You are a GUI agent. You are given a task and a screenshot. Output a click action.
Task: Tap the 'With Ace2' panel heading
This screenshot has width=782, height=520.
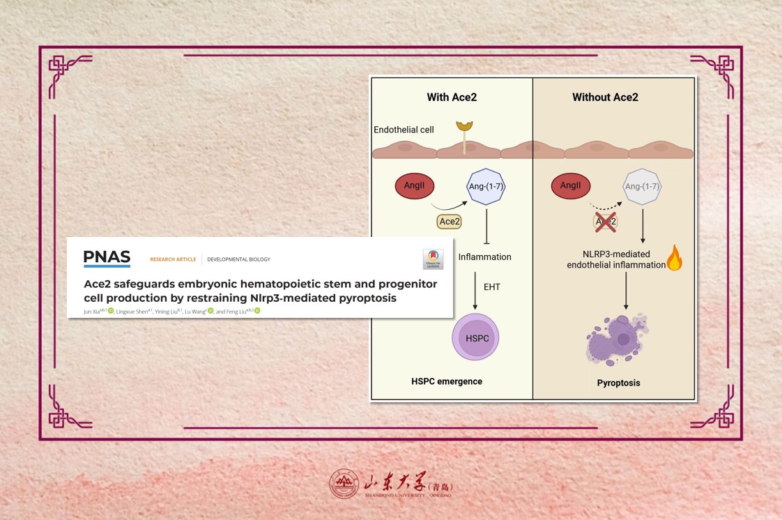tap(452, 98)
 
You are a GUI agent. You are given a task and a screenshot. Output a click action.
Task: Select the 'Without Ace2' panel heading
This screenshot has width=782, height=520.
tap(605, 98)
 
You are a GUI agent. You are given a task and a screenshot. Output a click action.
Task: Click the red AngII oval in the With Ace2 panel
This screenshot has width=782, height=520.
tap(415, 186)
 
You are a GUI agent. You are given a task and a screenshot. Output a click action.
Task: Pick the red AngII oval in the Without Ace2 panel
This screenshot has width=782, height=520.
tap(571, 186)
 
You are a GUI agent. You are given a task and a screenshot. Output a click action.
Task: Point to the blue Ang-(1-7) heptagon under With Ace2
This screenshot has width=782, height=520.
tap(485, 187)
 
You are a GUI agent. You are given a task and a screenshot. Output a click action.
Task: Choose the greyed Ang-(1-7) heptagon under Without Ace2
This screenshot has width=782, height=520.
tap(642, 187)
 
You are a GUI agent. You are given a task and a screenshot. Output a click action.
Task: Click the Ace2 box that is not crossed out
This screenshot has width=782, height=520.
tap(450, 222)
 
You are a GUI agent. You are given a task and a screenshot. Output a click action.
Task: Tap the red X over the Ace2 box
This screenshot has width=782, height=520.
tap(605, 222)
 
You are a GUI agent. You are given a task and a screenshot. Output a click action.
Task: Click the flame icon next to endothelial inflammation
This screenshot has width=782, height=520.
tap(674, 258)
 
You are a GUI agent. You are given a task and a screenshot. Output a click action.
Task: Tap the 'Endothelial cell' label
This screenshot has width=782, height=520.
tap(404, 130)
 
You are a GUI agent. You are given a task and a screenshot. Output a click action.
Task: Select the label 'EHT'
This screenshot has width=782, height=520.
tap(492, 287)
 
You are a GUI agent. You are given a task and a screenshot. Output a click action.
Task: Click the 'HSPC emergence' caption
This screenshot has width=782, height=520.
tap(447, 381)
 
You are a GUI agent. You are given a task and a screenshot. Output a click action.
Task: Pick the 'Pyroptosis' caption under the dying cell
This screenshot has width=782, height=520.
tap(618, 383)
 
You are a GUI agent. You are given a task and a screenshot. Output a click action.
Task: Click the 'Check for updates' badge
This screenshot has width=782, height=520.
tap(433, 259)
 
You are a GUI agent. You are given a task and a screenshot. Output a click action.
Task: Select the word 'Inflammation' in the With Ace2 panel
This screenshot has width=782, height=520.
tap(484, 257)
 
